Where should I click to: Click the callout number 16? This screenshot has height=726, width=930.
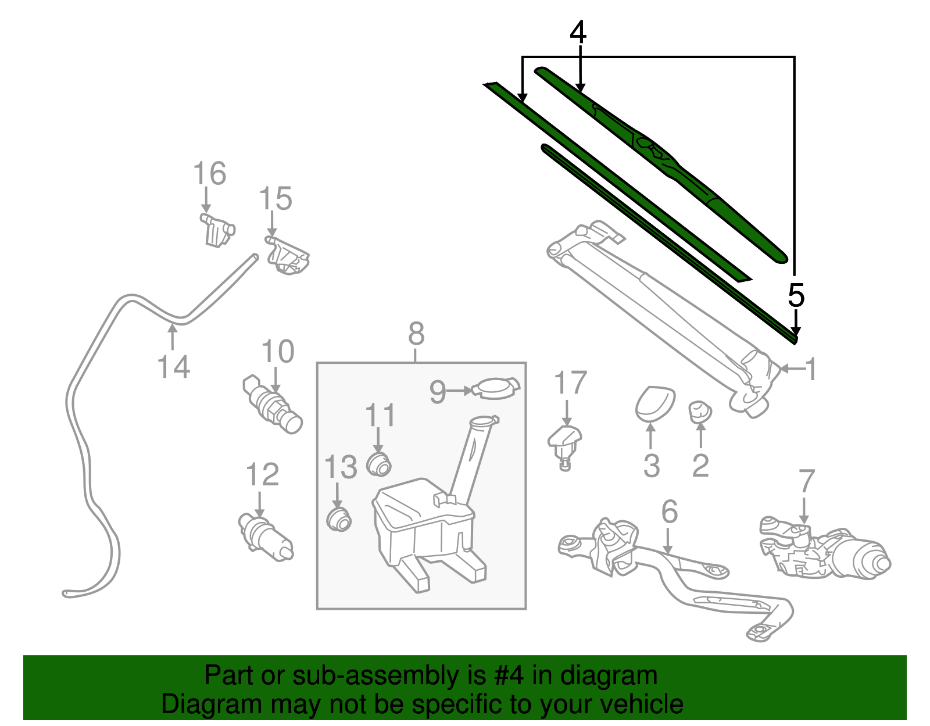coord(209,174)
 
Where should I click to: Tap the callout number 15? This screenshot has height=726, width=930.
coord(275,199)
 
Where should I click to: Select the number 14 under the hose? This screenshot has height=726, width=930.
coord(173,367)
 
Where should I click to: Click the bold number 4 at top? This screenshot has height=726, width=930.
coord(578,33)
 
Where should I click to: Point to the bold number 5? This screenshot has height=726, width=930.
coord(796,295)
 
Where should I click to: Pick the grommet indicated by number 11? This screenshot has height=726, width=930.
coord(379,464)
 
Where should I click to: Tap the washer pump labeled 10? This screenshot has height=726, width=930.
coord(272,405)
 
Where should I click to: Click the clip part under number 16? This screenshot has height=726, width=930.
coord(217,230)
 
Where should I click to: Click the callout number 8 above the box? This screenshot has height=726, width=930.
coord(416,334)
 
